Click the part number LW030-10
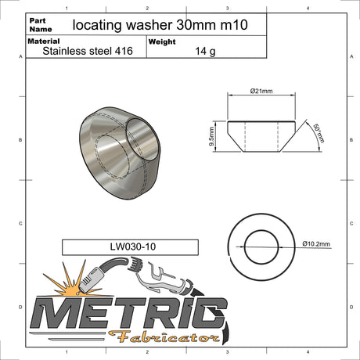(x=133, y=247)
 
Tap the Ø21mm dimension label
(x=261, y=91)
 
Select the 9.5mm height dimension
(x=211, y=136)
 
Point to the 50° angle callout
(x=319, y=133)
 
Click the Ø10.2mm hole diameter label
(x=316, y=244)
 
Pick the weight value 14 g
(x=205, y=51)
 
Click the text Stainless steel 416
(x=88, y=51)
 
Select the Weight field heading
(x=162, y=41)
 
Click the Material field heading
(x=44, y=41)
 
